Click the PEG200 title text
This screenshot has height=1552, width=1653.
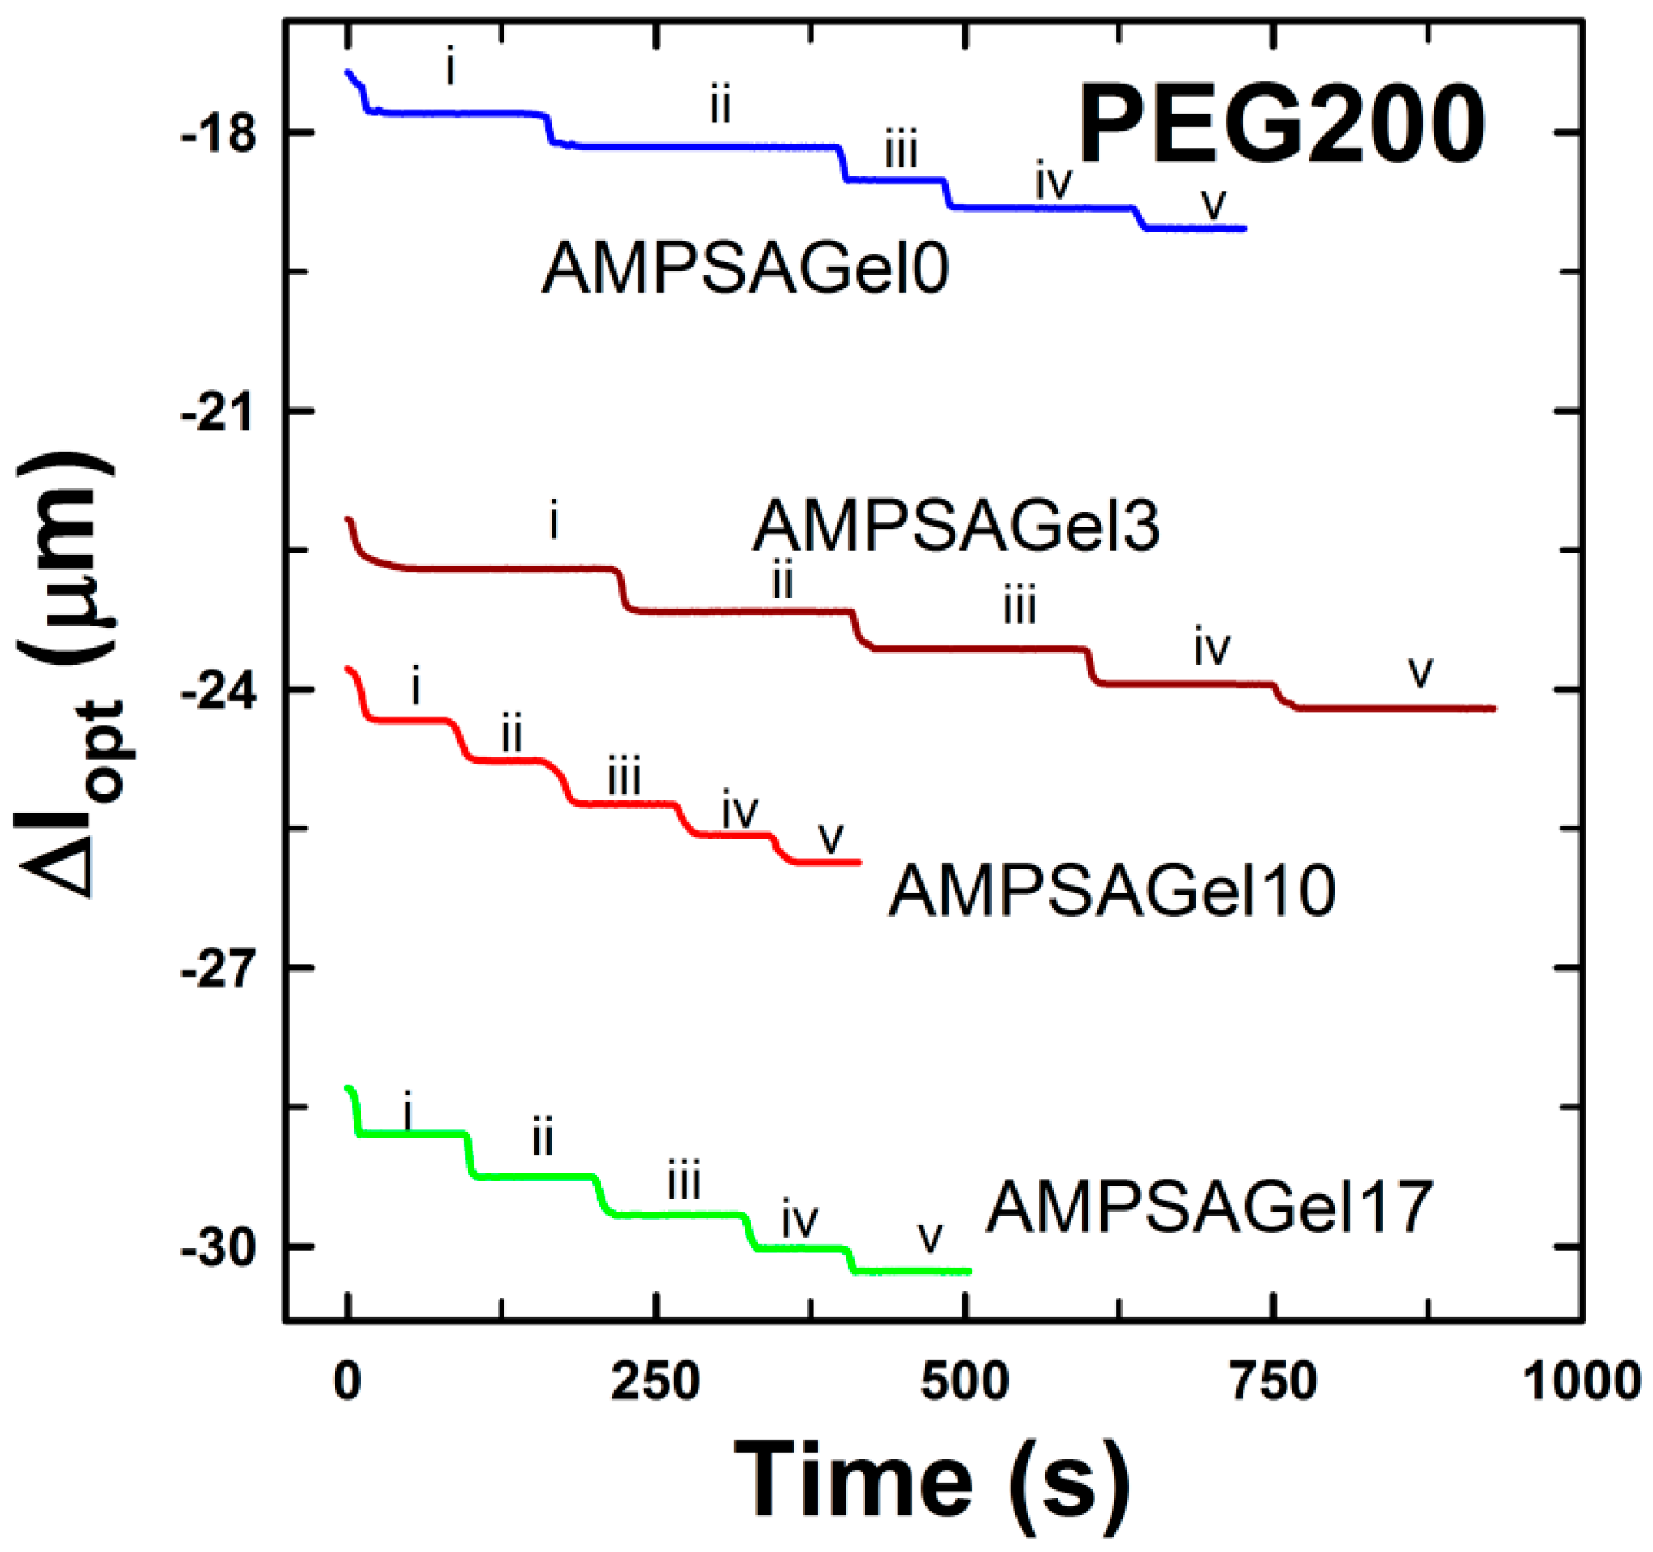pyautogui.click(x=1281, y=127)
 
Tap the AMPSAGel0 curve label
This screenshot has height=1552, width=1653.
pyautogui.click(x=745, y=269)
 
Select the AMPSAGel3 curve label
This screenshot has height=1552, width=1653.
pyautogui.click(x=956, y=526)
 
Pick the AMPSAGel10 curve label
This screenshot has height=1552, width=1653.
pyautogui.click(x=1112, y=890)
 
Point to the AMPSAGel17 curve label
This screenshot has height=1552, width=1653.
pyautogui.click(x=1210, y=1207)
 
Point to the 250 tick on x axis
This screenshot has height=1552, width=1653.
pyautogui.click(x=656, y=1382)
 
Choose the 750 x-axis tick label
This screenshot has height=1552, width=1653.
pyautogui.click(x=1273, y=1382)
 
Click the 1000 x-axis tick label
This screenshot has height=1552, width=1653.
pyautogui.click(x=1581, y=1382)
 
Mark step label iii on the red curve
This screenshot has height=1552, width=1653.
pyautogui.click(x=624, y=778)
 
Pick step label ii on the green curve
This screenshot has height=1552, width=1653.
pyautogui.click(x=542, y=1137)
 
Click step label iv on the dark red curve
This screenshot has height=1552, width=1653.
pyautogui.click(x=1211, y=646)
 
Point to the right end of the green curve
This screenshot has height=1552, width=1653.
pyautogui.click(x=970, y=1271)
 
